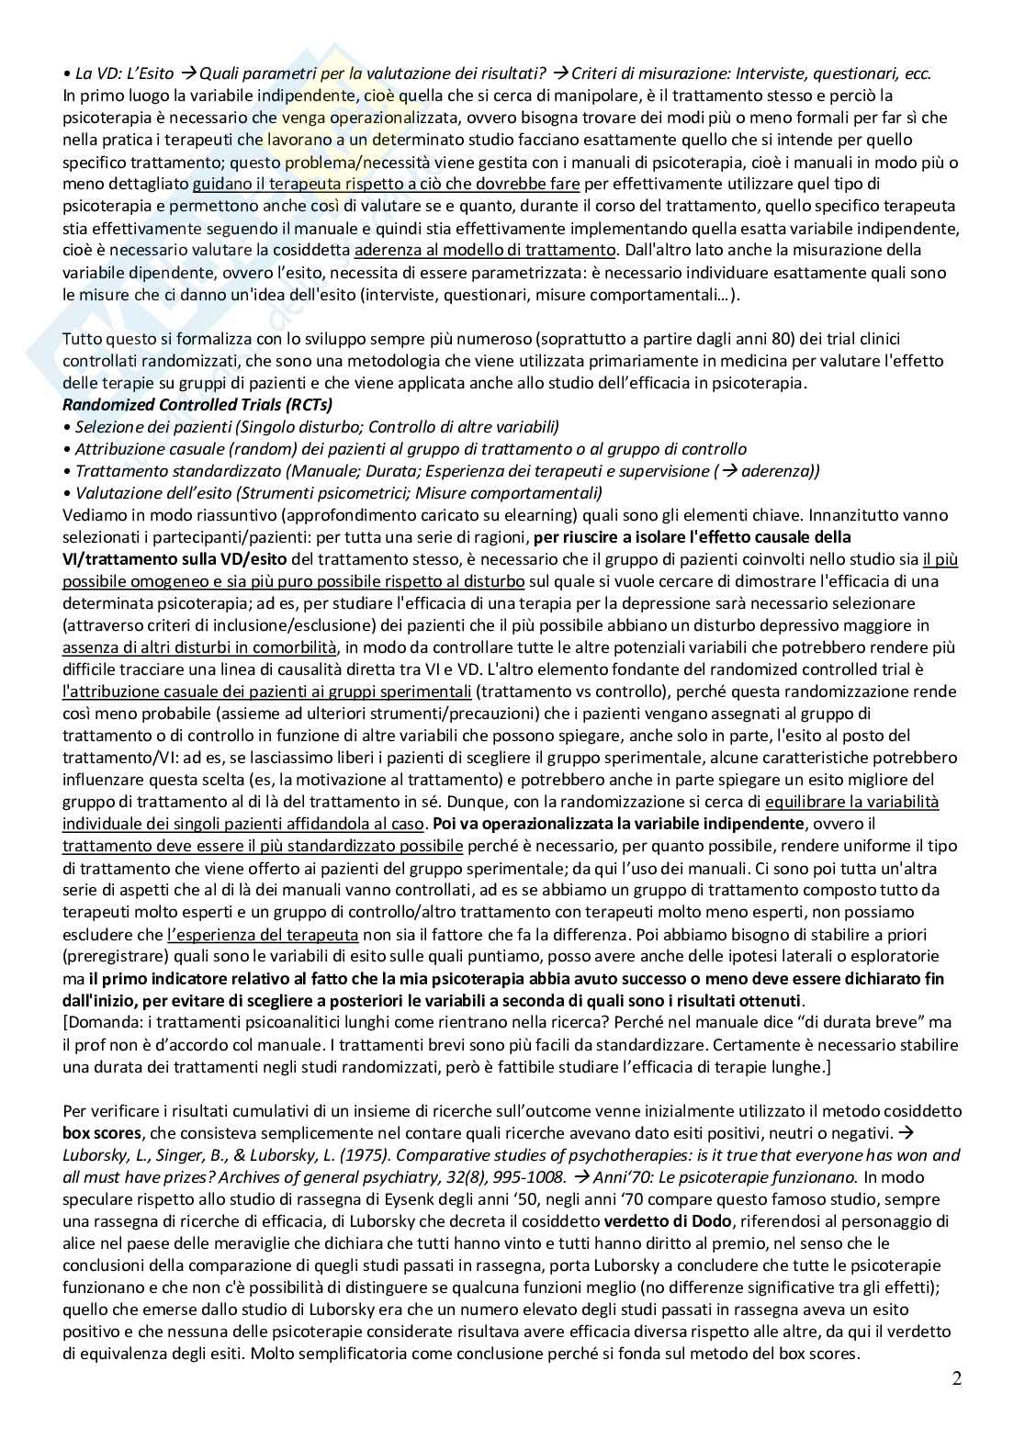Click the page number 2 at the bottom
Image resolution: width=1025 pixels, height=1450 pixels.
pyautogui.click(x=956, y=1378)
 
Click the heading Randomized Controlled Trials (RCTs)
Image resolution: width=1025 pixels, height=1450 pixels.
pyautogui.click(x=197, y=404)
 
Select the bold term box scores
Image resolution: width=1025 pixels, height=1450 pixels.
pyautogui.click(x=100, y=1132)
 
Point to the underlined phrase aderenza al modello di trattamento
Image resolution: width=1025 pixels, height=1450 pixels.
pyautogui.click(x=484, y=250)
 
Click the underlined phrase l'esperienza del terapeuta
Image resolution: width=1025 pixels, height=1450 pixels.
pyautogui.click(x=264, y=935)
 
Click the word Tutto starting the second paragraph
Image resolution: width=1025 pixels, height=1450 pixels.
pyautogui.click(x=84, y=338)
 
